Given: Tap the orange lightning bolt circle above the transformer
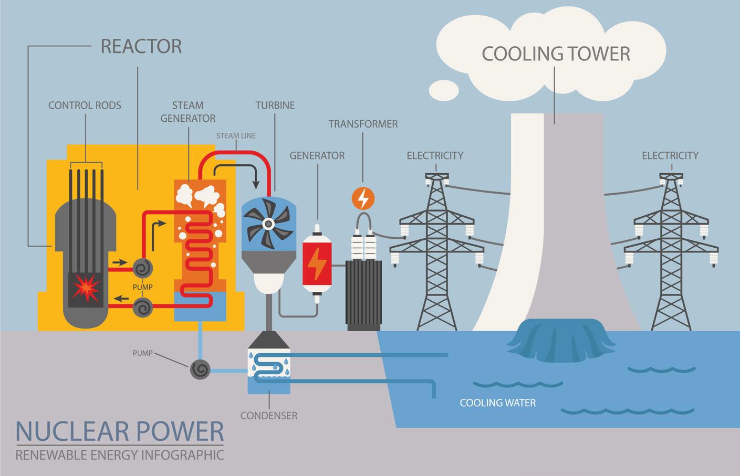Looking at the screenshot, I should pyautogui.click(x=363, y=198).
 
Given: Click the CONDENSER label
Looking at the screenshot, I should pyautogui.click(x=269, y=416).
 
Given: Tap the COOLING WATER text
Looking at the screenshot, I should pyautogui.click(x=498, y=403).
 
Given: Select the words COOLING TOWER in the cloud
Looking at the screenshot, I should pyautogui.click(x=556, y=54).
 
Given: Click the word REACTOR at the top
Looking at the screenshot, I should pyautogui.click(x=141, y=46).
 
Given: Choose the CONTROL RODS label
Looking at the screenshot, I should pyautogui.click(x=85, y=105).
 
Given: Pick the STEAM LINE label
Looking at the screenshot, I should pyautogui.click(x=236, y=136).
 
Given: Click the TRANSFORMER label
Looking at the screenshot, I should pyautogui.click(x=363, y=124).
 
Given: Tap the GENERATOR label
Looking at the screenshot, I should pyautogui.click(x=317, y=155).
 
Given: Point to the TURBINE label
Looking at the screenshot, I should pyautogui.click(x=275, y=105).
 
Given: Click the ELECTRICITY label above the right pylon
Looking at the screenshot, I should pyautogui.click(x=670, y=155).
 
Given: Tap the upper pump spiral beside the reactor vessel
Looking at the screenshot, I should pyautogui.click(x=142, y=269).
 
